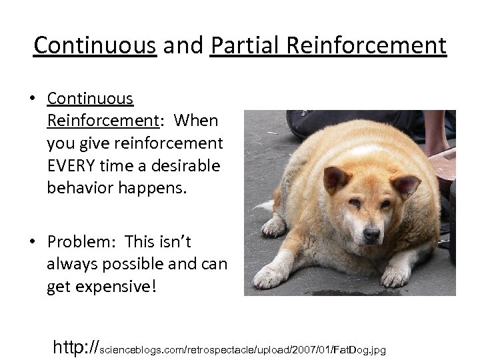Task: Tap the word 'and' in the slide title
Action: [183, 45]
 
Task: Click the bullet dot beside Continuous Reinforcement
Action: [32, 99]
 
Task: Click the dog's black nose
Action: [371, 235]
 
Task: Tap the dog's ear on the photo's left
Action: [335, 179]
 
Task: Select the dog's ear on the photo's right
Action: [405, 184]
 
